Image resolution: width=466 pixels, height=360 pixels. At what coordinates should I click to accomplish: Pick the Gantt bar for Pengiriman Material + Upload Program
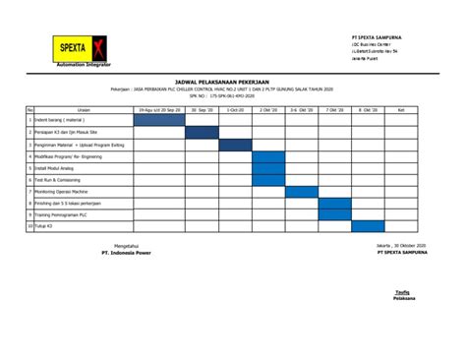coord(235,145)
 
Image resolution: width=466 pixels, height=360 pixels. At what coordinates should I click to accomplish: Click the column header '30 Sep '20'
coord(202,109)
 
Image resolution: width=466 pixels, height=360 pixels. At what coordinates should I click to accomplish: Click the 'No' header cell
coord(30,109)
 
